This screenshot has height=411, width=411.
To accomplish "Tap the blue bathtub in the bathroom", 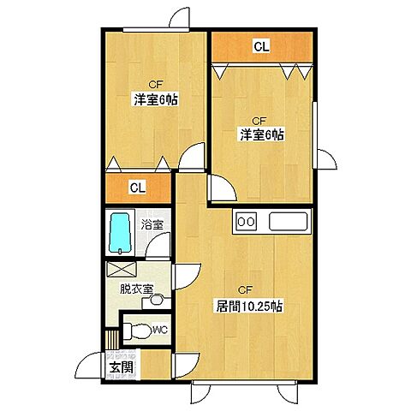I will [x=121, y=232].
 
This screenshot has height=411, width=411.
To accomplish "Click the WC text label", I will [x=159, y=330].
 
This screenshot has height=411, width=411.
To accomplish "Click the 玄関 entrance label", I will [x=121, y=368].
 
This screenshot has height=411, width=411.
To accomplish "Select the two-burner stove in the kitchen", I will [x=246, y=221].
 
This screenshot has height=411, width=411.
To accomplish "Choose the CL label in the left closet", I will [x=137, y=187].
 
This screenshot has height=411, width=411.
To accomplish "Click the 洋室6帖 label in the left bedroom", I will [x=156, y=100].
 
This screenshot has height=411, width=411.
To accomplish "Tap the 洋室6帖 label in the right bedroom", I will [x=261, y=134].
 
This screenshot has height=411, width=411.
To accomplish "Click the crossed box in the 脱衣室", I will [x=117, y=268].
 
